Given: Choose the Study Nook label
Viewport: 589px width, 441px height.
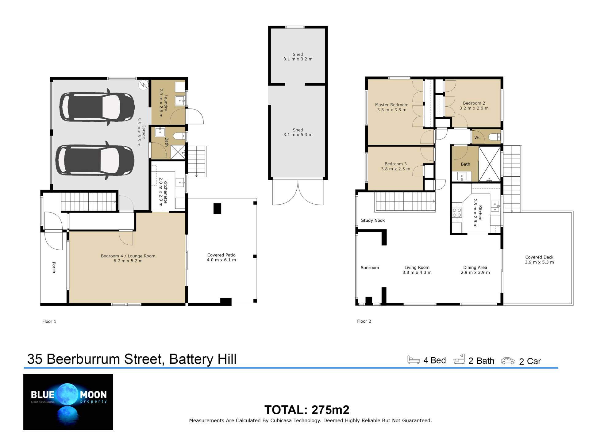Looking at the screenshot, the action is click(x=373, y=221).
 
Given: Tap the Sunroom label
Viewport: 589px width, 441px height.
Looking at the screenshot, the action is click(x=370, y=268).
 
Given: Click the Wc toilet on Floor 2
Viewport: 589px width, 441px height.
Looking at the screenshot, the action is click(x=495, y=137).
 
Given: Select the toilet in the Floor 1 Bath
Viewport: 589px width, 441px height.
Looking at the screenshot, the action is click(x=179, y=136).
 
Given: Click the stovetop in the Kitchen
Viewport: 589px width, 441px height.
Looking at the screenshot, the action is click(x=457, y=213).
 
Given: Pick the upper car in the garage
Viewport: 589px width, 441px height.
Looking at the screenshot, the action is click(x=97, y=107).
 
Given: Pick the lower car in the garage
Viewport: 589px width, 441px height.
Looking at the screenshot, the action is click(x=95, y=161).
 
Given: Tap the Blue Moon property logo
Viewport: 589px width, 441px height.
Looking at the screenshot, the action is click(x=68, y=402).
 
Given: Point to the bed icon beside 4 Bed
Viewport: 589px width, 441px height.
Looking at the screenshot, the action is click(x=414, y=360).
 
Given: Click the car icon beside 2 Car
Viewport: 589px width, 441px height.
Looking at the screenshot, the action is click(x=508, y=361).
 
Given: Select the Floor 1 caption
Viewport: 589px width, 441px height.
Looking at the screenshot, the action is click(x=49, y=321).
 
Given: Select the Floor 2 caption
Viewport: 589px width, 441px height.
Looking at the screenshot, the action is click(x=364, y=321).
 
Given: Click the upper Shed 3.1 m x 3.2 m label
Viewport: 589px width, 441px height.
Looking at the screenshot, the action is click(x=298, y=57).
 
